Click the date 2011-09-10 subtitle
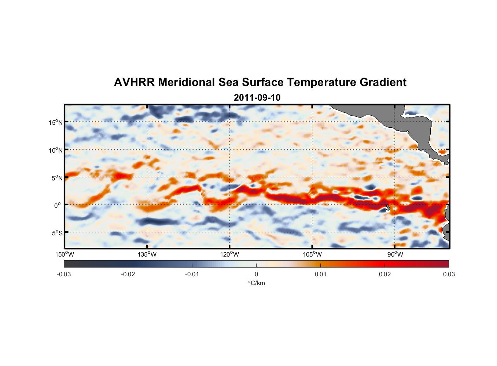coord(257,98)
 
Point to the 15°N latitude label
coord(56,122)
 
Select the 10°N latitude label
coord(56,150)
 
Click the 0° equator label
coord(58,206)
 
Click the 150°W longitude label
coord(65,254)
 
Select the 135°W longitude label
coord(147,254)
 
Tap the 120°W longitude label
coord(230,254)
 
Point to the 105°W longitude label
coord(312,254)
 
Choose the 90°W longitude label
coord(395,254)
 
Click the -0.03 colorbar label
coord(64,274)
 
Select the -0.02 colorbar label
coord(128,274)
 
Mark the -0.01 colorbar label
coord(192,274)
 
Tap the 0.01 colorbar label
coord(320,274)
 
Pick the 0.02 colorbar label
coord(385,274)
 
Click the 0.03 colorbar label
coord(449,274)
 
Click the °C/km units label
coord(257,283)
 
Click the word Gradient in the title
coord(383,82)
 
